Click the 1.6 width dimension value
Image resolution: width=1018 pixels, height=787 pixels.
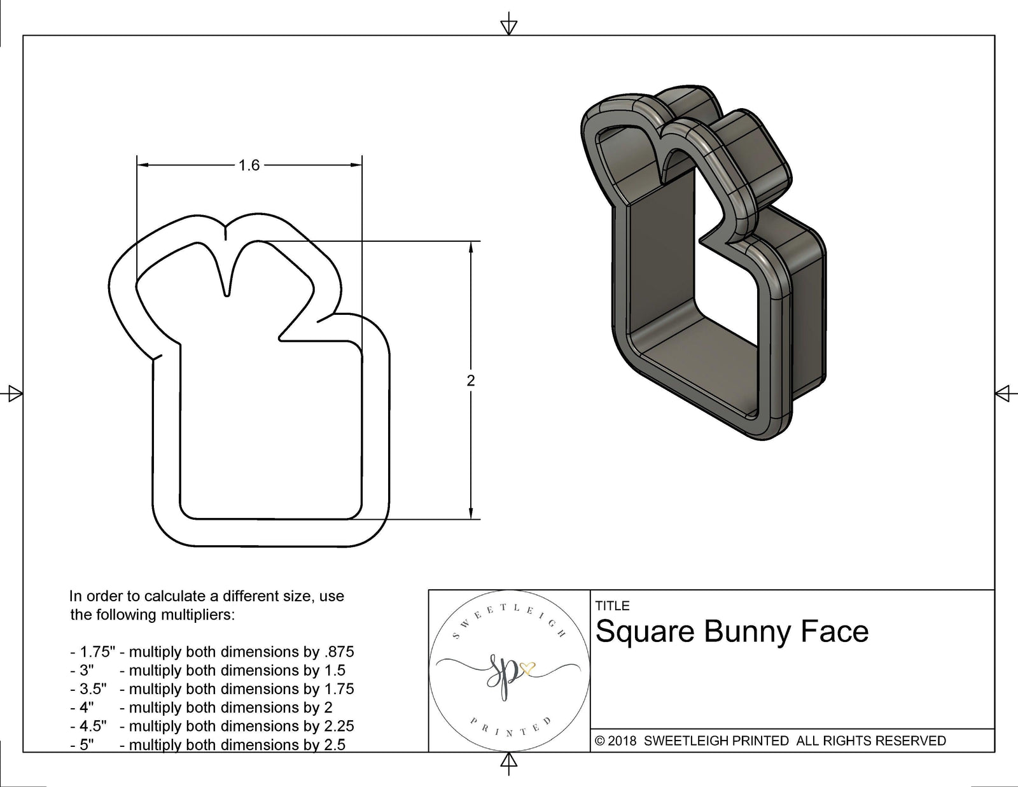click(x=249, y=165)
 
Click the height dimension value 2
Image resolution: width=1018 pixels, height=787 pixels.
click(x=471, y=380)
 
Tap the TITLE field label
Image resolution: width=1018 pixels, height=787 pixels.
click(x=612, y=606)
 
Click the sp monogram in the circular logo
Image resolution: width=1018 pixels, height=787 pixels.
click(x=502, y=670)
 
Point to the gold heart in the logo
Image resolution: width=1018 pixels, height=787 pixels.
click(x=527, y=667)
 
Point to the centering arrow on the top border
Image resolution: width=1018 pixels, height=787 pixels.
click(x=508, y=27)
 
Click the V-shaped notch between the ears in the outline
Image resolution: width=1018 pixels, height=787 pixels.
click(x=227, y=289)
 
